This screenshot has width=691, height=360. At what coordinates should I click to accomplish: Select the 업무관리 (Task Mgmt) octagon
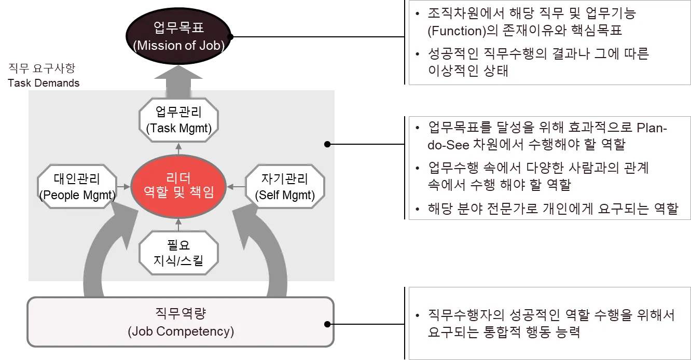click(179, 120)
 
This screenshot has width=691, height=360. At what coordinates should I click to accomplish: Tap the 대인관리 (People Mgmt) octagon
click(77, 187)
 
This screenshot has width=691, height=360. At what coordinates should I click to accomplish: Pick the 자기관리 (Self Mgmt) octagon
click(285, 187)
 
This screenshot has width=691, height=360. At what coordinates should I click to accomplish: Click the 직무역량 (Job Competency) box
click(181, 322)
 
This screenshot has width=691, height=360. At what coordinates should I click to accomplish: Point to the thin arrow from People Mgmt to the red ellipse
click(123, 186)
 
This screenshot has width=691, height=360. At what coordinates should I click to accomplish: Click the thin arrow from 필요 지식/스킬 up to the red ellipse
click(178, 224)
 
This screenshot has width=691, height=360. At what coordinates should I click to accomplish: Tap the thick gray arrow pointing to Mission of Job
click(178, 83)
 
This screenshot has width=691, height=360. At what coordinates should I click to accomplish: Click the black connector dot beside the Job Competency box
click(327, 324)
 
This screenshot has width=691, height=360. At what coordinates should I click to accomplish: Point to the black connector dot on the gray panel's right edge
click(327, 144)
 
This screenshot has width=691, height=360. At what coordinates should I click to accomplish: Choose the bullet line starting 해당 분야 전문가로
click(552, 209)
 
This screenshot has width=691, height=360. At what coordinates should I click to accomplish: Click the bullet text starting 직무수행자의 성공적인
click(550, 315)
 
